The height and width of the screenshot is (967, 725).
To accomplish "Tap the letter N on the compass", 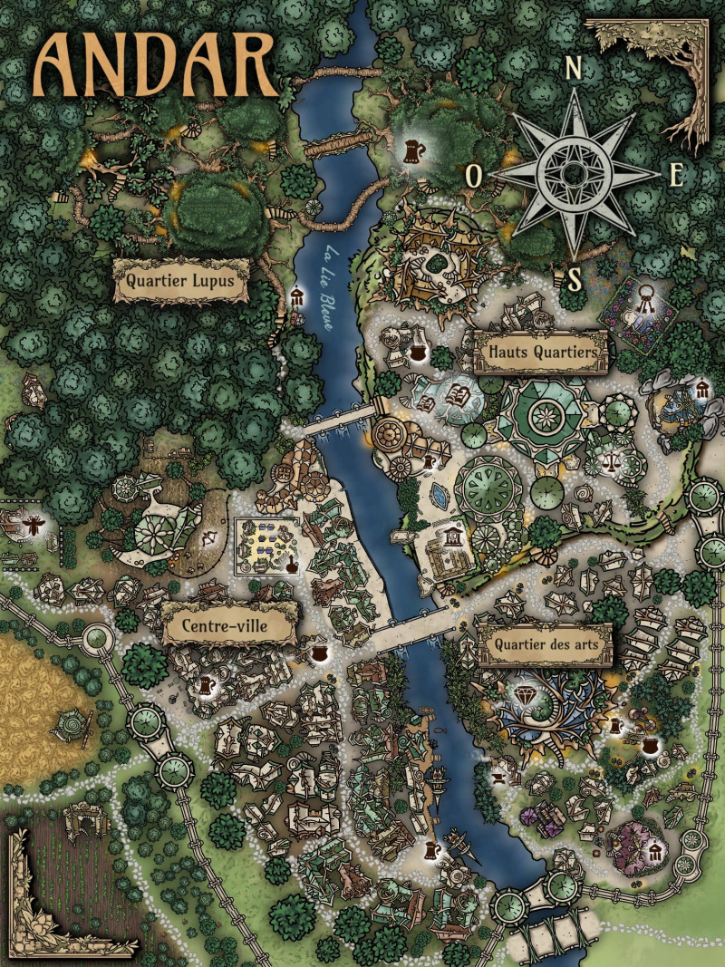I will (x=573, y=66).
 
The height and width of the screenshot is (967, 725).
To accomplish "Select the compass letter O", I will (x=474, y=175).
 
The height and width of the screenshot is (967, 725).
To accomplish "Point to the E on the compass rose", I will (x=676, y=175).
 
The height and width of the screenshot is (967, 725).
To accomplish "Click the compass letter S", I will (x=574, y=280).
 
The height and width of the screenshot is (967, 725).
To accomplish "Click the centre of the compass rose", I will (x=574, y=172).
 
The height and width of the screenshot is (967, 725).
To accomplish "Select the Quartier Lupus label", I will (x=180, y=281).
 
